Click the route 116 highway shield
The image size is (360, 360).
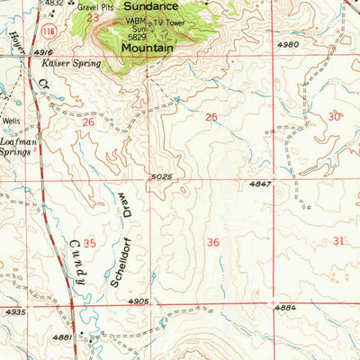(x=47, y=31)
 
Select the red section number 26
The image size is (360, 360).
(x=88, y=121)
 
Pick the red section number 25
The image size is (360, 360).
(x=211, y=117)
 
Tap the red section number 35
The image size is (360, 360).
(x=89, y=243)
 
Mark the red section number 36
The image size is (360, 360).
(x=213, y=242)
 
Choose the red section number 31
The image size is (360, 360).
(x=338, y=240)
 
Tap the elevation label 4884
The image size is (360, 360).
(x=285, y=308)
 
